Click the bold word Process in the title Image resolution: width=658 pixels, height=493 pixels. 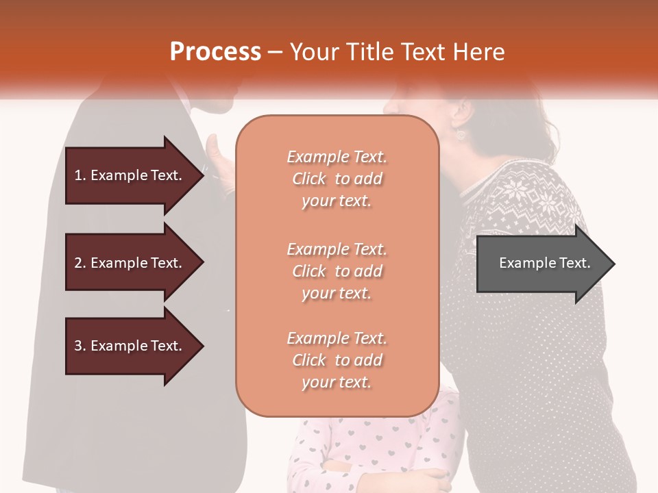tap(215, 52)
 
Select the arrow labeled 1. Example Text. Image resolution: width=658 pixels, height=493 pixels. tap(130, 175)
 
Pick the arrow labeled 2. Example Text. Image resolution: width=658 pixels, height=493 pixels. tap(130, 263)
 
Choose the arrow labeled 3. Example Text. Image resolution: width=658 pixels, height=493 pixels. tap(130, 346)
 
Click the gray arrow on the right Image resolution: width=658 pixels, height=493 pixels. tap(541, 264)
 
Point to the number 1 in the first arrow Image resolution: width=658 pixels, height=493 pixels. tap(78, 175)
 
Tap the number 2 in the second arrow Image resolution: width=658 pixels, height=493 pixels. tap(78, 263)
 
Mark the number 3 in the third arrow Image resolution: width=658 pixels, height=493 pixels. tap(78, 346)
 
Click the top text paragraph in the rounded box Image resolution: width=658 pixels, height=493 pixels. tap(337, 179)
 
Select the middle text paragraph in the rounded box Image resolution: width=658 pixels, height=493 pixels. tap(337, 271)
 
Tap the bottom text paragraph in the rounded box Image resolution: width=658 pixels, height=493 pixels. tap(337, 360)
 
